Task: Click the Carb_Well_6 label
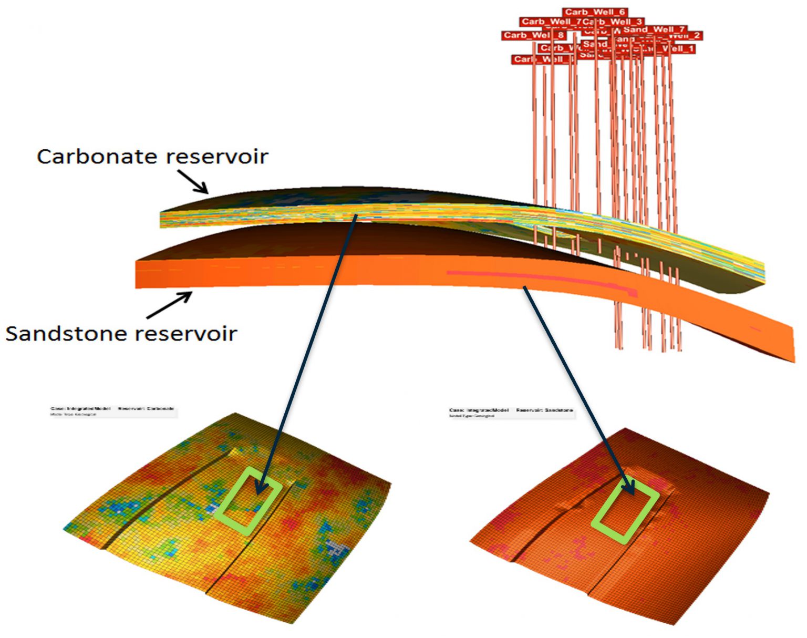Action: [x=595, y=12]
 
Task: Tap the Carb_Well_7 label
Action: [x=550, y=22]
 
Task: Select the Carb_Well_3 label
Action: [x=613, y=22]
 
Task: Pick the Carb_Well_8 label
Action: [x=533, y=35]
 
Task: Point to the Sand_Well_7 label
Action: [x=654, y=29]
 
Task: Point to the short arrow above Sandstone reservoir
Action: [x=170, y=305]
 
